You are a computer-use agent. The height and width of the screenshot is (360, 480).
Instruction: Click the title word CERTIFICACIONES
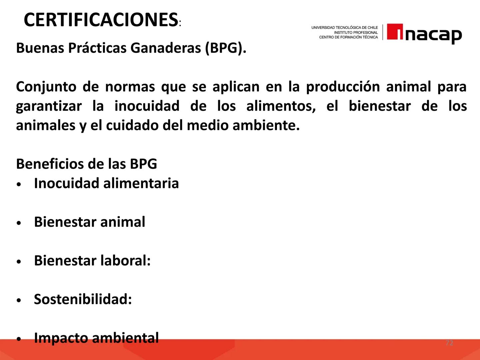[x=101, y=20]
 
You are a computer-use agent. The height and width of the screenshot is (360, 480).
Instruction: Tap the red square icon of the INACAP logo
[x=395, y=32]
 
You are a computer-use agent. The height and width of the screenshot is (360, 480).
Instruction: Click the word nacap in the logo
[x=433, y=35]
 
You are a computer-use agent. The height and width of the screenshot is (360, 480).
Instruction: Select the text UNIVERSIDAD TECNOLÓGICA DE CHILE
[x=344, y=28]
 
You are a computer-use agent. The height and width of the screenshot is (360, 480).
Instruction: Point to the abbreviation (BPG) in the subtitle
[x=225, y=48]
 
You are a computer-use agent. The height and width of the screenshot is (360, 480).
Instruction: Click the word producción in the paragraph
[x=343, y=87]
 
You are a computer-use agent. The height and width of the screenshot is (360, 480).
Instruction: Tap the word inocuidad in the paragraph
[x=147, y=106]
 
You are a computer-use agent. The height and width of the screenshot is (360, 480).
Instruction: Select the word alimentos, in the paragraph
[x=281, y=106]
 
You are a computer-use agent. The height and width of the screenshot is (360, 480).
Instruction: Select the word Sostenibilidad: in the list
[x=83, y=299]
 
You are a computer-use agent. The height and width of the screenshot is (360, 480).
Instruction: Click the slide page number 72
[x=449, y=343]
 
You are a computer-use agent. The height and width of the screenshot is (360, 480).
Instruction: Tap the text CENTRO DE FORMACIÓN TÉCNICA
[x=348, y=37]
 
